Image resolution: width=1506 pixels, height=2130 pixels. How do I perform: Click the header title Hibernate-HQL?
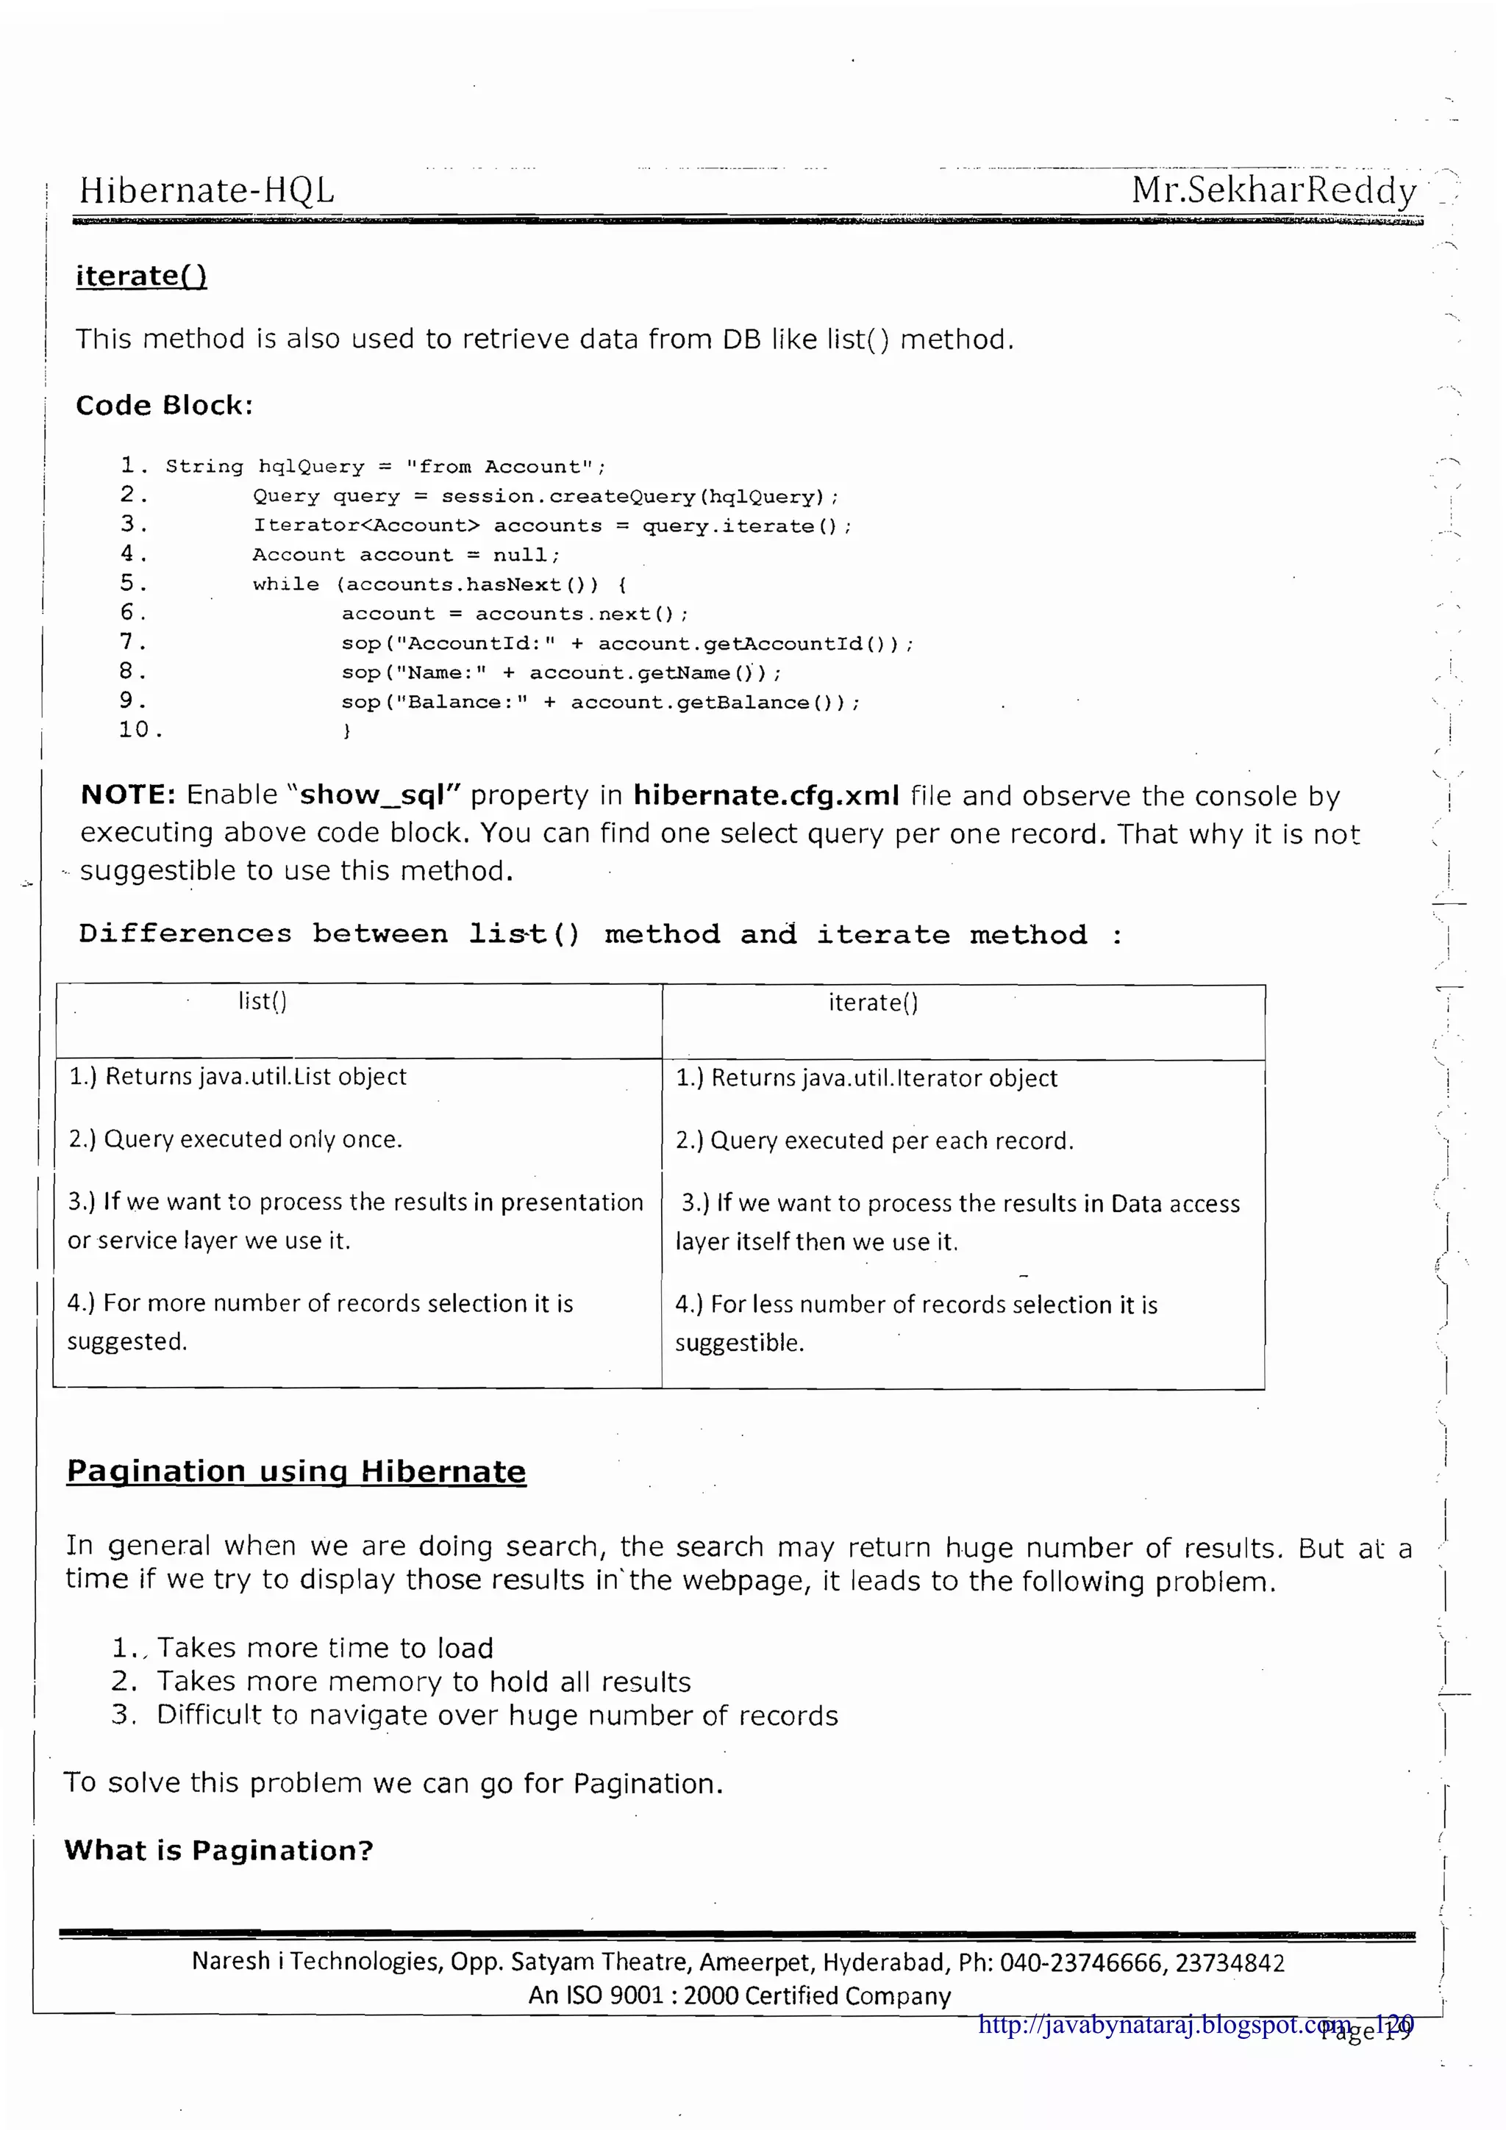click(x=206, y=190)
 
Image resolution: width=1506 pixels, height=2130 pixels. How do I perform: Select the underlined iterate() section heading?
click(x=141, y=276)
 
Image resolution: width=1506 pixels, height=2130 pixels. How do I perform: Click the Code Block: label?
click(x=164, y=406)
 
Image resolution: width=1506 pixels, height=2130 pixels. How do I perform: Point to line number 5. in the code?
click(x=132, y=583)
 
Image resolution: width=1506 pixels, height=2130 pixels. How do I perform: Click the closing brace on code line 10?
click(x=346, y=731)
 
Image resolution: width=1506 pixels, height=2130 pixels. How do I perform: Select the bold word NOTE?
click(x=128, y=795)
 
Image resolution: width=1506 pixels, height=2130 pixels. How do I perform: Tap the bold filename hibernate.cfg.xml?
click(x=766, y=796)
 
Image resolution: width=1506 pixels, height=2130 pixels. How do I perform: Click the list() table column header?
click(x=263, y=1001)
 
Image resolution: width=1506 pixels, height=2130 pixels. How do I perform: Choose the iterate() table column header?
click(x=873, y=1003)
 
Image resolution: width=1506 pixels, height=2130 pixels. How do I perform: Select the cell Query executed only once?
click(x=236, y=1139)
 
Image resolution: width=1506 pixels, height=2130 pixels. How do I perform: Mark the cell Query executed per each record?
click(x=874, y=1140)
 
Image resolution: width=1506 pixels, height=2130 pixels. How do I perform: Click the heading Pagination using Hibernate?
click(x=296, y=1471)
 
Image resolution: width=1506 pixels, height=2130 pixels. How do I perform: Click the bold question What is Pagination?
click(x=218, y=1851)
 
